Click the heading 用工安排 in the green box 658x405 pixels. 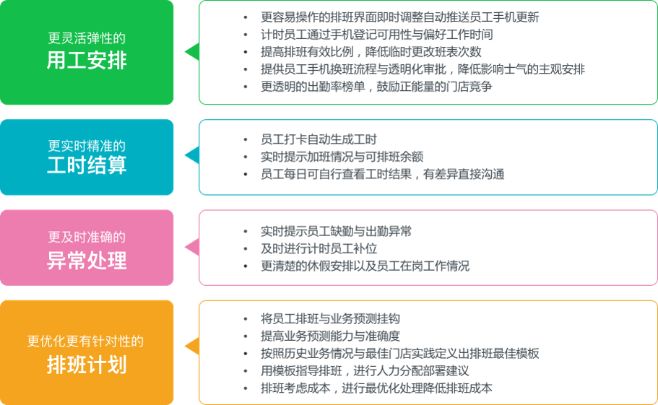pyautogui.click(x=87, y=60)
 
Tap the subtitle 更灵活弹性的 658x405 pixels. pyautogui.click(x=87, y=38)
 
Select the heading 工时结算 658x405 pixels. pyautogui.click(x=87, y=165)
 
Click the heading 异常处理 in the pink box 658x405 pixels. pyautogui.click(x=87, y=260)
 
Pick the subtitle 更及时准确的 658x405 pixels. pyautogui.click(x=87, y=237)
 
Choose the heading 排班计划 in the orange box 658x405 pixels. pyautogui.click(x=87, y=364)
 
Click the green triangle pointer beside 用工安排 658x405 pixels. pyautogui.click(x=191, y=52)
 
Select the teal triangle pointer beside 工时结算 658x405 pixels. pyautogui.click(x=191, y=156)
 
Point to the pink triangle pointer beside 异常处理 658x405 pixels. pyautogui.click(x=191, y=248)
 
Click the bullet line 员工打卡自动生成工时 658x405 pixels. pyautogui.click(x=319, y=139)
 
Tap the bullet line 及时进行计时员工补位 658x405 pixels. pyautogui.click(x=319, y=248)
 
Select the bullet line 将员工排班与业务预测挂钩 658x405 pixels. pyautogui.click(x=330, y=318)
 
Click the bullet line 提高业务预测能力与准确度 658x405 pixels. pyautogui.click(x=330, y=336)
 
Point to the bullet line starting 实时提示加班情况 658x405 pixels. pyautogui.click(x=342, y=157)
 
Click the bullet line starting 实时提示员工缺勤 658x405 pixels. pyautogui.click(x=336, y=231)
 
